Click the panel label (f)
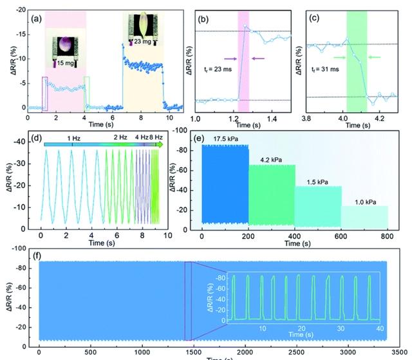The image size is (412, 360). [x=37, y=256]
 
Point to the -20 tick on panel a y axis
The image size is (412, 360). [x=19, y=11]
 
